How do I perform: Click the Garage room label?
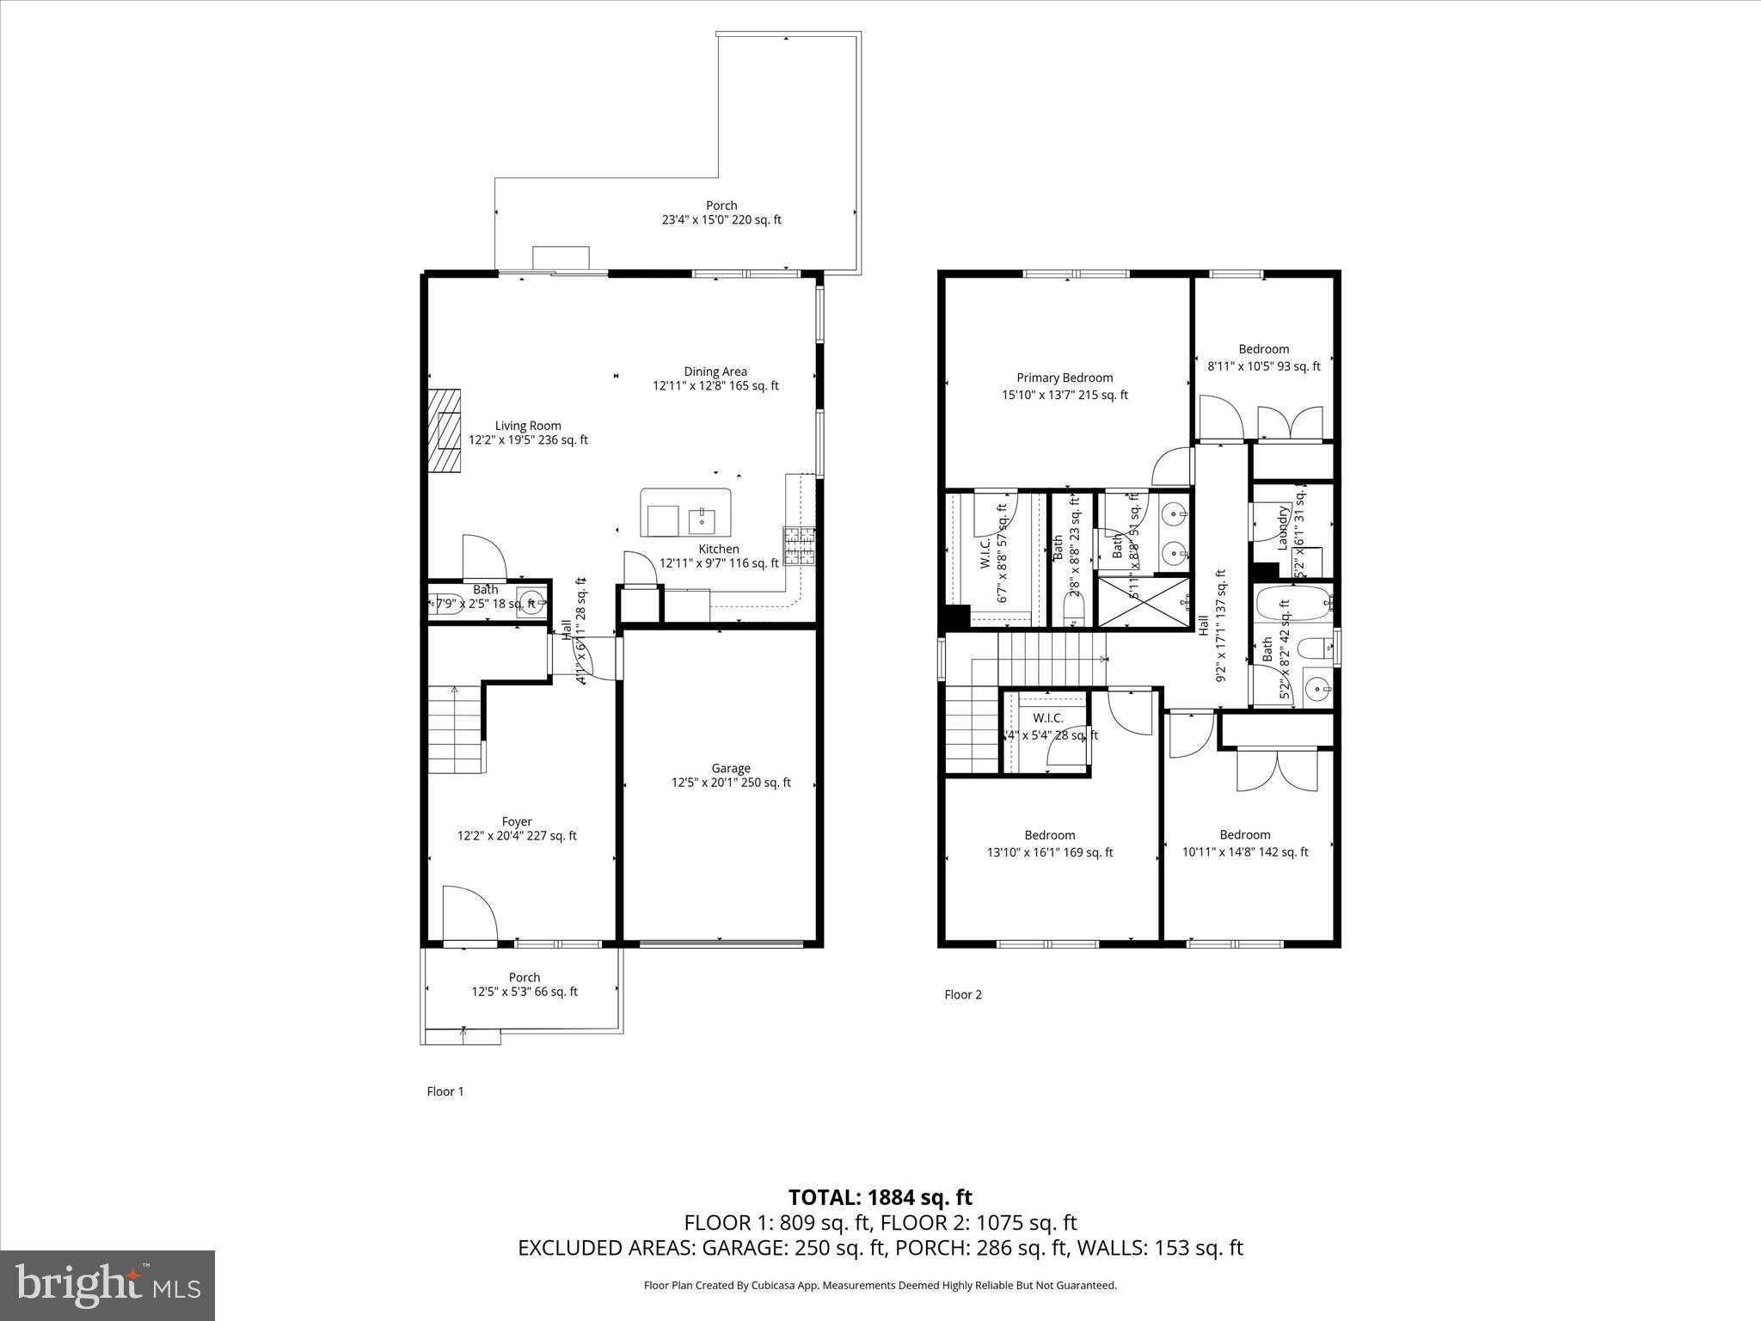pyautogui.click(x=731, y=775)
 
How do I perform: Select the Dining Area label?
pyautogui.click(x=715, y=378)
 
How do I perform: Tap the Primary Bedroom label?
pyautogui.click(x=1065, y=386)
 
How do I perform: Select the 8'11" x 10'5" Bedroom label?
pyautogui.click(x=1263, y=358)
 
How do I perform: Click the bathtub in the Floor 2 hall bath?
pyautogui.click(x=1292, y=604)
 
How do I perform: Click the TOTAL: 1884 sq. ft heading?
pyautogui.click(x=880, y=1196)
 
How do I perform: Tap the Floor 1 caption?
pyautogui.click(x=445, y=1091)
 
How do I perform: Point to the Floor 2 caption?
pyautogui.click(x=962, y=994)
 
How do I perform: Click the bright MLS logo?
pyautogui.click(x=107, y=1285)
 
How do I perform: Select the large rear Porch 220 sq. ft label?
pyautogui.click(x=721, y=212)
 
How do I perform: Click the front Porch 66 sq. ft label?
pyautogui.click(x=524, y=984)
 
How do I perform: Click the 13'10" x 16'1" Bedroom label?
pyautogui.click(x=1049, y=844)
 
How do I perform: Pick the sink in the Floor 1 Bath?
pyautogui.click(x=530, y=600)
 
